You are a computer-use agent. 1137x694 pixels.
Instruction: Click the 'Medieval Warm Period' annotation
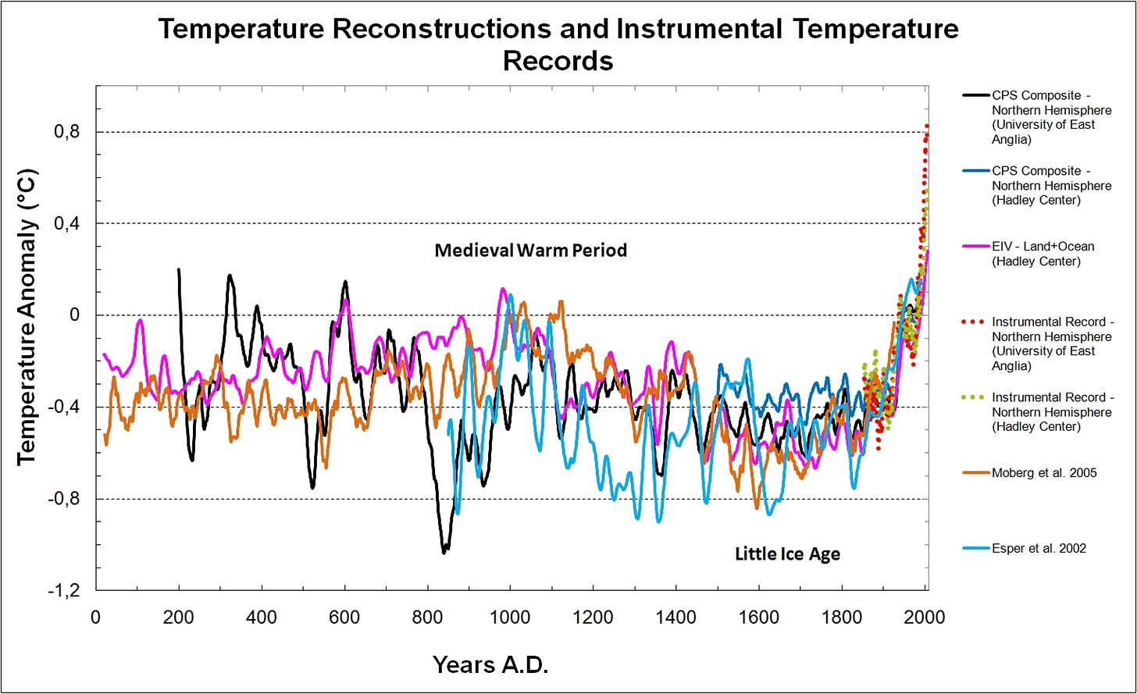click(530, 251)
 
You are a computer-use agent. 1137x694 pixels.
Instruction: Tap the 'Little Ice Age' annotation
click(787, 554)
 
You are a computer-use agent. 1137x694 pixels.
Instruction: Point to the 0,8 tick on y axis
click(66, 132)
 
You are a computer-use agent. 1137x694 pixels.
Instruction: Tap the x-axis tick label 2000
click(925, 617)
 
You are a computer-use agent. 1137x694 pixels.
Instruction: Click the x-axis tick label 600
click(344, 617)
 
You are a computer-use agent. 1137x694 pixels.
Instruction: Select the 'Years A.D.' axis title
click(490, 665)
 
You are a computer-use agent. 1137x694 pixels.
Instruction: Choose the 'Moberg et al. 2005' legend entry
click(1044, 472)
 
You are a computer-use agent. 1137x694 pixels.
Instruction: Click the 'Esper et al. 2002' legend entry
click(1039, 548)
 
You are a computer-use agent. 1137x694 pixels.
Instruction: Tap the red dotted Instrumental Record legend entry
click(1051, 343)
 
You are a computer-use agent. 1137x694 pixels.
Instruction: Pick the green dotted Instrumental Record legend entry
click(1051, 411)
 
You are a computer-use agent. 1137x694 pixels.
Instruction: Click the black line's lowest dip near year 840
click(444, 552)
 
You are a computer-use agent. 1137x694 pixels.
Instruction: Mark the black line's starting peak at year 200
click(179, 270)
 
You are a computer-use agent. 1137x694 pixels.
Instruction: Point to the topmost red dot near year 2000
click(927, 126)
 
